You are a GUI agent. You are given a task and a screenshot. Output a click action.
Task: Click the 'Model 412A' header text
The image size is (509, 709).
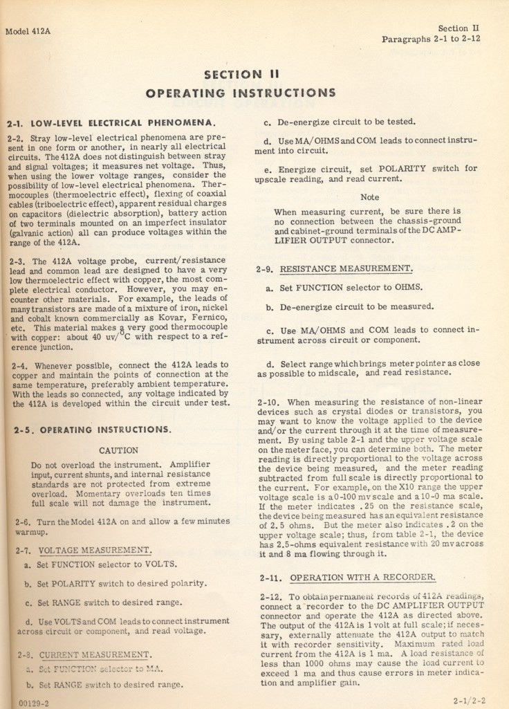pos(31,33)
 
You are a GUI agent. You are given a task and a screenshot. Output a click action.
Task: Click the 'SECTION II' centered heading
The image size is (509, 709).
pos(237,74)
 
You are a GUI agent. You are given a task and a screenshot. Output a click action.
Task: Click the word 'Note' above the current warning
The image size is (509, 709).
pos(369,197)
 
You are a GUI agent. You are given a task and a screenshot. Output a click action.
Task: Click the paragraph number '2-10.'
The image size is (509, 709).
pos(268,402)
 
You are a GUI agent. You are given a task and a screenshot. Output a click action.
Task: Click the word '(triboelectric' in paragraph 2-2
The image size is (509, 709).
pos(73,205)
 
